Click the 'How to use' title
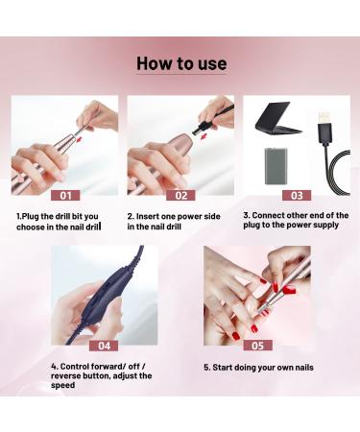[181, 64]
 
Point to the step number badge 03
[296, 195]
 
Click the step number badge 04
[103, 345]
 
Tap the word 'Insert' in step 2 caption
[153, 216]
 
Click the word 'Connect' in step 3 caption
[274, 216]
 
